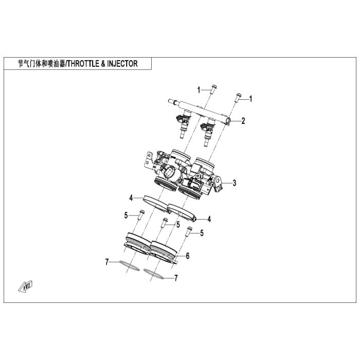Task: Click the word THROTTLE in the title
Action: click(83, 64)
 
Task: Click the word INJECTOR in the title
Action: click(122, 64)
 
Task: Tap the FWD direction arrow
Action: click(26, 286)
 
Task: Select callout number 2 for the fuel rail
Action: click(243, 121)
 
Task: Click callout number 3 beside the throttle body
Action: click(234, 183)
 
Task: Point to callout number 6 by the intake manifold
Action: click(188, 256)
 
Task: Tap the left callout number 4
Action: click(131, 198)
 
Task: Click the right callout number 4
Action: click(209, 219)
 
